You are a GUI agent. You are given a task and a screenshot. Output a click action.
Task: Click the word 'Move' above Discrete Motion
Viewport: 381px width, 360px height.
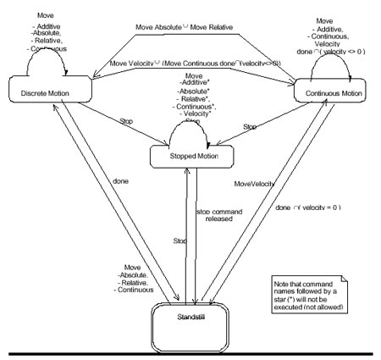[x=52, y=16]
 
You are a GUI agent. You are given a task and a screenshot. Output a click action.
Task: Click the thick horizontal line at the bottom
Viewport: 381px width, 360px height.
[x=190, y=349]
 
